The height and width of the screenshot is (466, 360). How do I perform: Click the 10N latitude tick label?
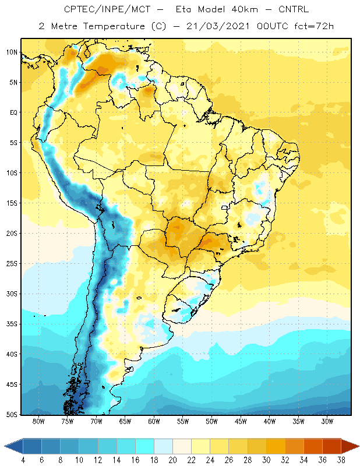point(12,52)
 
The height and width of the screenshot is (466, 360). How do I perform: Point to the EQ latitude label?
point(14,112)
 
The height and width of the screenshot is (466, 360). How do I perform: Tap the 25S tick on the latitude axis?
point(12,264)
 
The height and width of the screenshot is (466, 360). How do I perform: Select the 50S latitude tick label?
point(12,415)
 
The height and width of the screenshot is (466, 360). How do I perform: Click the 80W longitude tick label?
point(38,421)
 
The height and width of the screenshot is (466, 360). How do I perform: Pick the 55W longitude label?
point(183,421)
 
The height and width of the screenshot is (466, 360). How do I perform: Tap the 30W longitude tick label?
point(327,421)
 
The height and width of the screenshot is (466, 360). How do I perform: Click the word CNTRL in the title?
point(294,9)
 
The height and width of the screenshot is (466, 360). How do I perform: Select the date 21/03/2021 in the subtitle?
point(218,26)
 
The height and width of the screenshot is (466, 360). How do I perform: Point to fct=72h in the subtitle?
point(314,26)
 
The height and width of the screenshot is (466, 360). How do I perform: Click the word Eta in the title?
point(183,9)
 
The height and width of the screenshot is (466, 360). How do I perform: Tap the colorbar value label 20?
point(172,460)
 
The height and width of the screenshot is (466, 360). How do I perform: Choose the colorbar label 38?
point(341,460)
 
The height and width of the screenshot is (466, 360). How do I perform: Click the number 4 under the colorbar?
point(23,460)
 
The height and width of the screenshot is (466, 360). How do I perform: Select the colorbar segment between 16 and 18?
point(145,446)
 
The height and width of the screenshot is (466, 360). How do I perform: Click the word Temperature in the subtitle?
point(114,26)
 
